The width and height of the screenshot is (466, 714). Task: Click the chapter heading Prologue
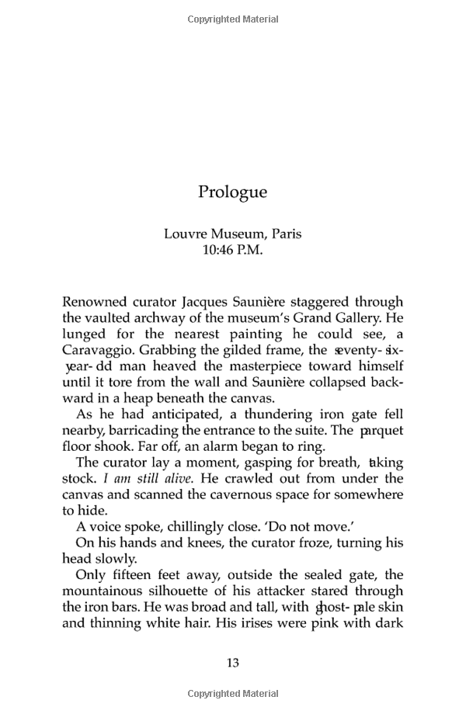232,192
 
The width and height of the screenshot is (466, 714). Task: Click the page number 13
232,662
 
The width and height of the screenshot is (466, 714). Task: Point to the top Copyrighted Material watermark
232,19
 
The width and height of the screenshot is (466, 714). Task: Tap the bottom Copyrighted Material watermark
232,693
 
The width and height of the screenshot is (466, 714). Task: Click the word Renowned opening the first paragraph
96,301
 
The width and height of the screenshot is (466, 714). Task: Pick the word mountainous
114,591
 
